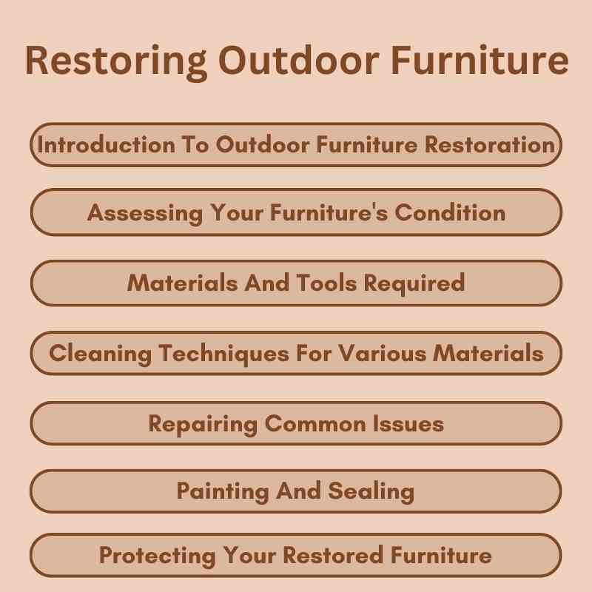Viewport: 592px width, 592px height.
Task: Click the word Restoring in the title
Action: pos(108,61)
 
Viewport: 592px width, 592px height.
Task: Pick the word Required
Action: pos(417,283)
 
